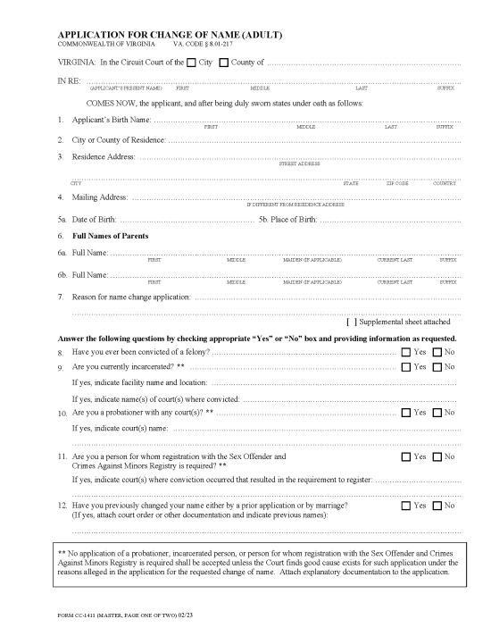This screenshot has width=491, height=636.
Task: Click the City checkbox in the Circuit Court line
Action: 192,62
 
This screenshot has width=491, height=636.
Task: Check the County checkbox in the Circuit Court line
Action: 224,62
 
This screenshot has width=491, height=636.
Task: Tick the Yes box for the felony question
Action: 405,353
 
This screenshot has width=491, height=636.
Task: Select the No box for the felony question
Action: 437,353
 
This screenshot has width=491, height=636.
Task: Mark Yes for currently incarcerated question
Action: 405,367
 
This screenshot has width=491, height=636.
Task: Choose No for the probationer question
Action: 437,412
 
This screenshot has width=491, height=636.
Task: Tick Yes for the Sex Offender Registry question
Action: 405,456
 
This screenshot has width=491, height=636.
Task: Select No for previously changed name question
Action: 437,506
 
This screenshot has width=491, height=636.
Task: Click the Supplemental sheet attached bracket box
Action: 350,322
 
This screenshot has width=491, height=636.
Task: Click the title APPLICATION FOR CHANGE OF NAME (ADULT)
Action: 170,34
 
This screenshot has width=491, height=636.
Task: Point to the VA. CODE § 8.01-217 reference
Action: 203,44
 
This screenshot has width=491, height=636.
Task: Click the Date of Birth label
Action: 94,219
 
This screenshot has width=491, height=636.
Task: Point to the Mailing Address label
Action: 99,197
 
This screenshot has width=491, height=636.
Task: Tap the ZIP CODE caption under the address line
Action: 397,182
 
